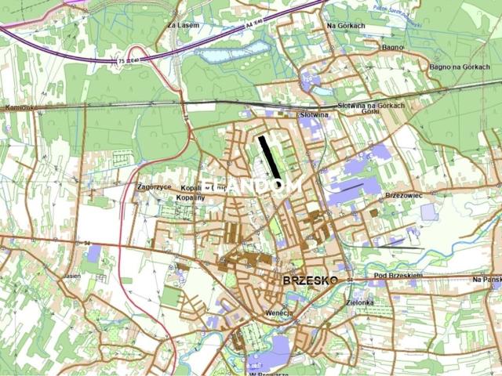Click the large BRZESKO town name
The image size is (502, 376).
(x=310, y=280)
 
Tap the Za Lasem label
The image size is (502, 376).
(x=184, y=25)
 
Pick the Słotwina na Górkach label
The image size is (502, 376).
(x=371, y=105)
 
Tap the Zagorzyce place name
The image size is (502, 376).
(x=154, y=187)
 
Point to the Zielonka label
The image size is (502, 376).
(x=359, y=302)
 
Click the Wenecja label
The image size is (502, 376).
(x=278, y=313)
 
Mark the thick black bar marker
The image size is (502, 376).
(x=268, y=157)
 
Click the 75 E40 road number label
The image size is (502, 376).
(x=127, y=60)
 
